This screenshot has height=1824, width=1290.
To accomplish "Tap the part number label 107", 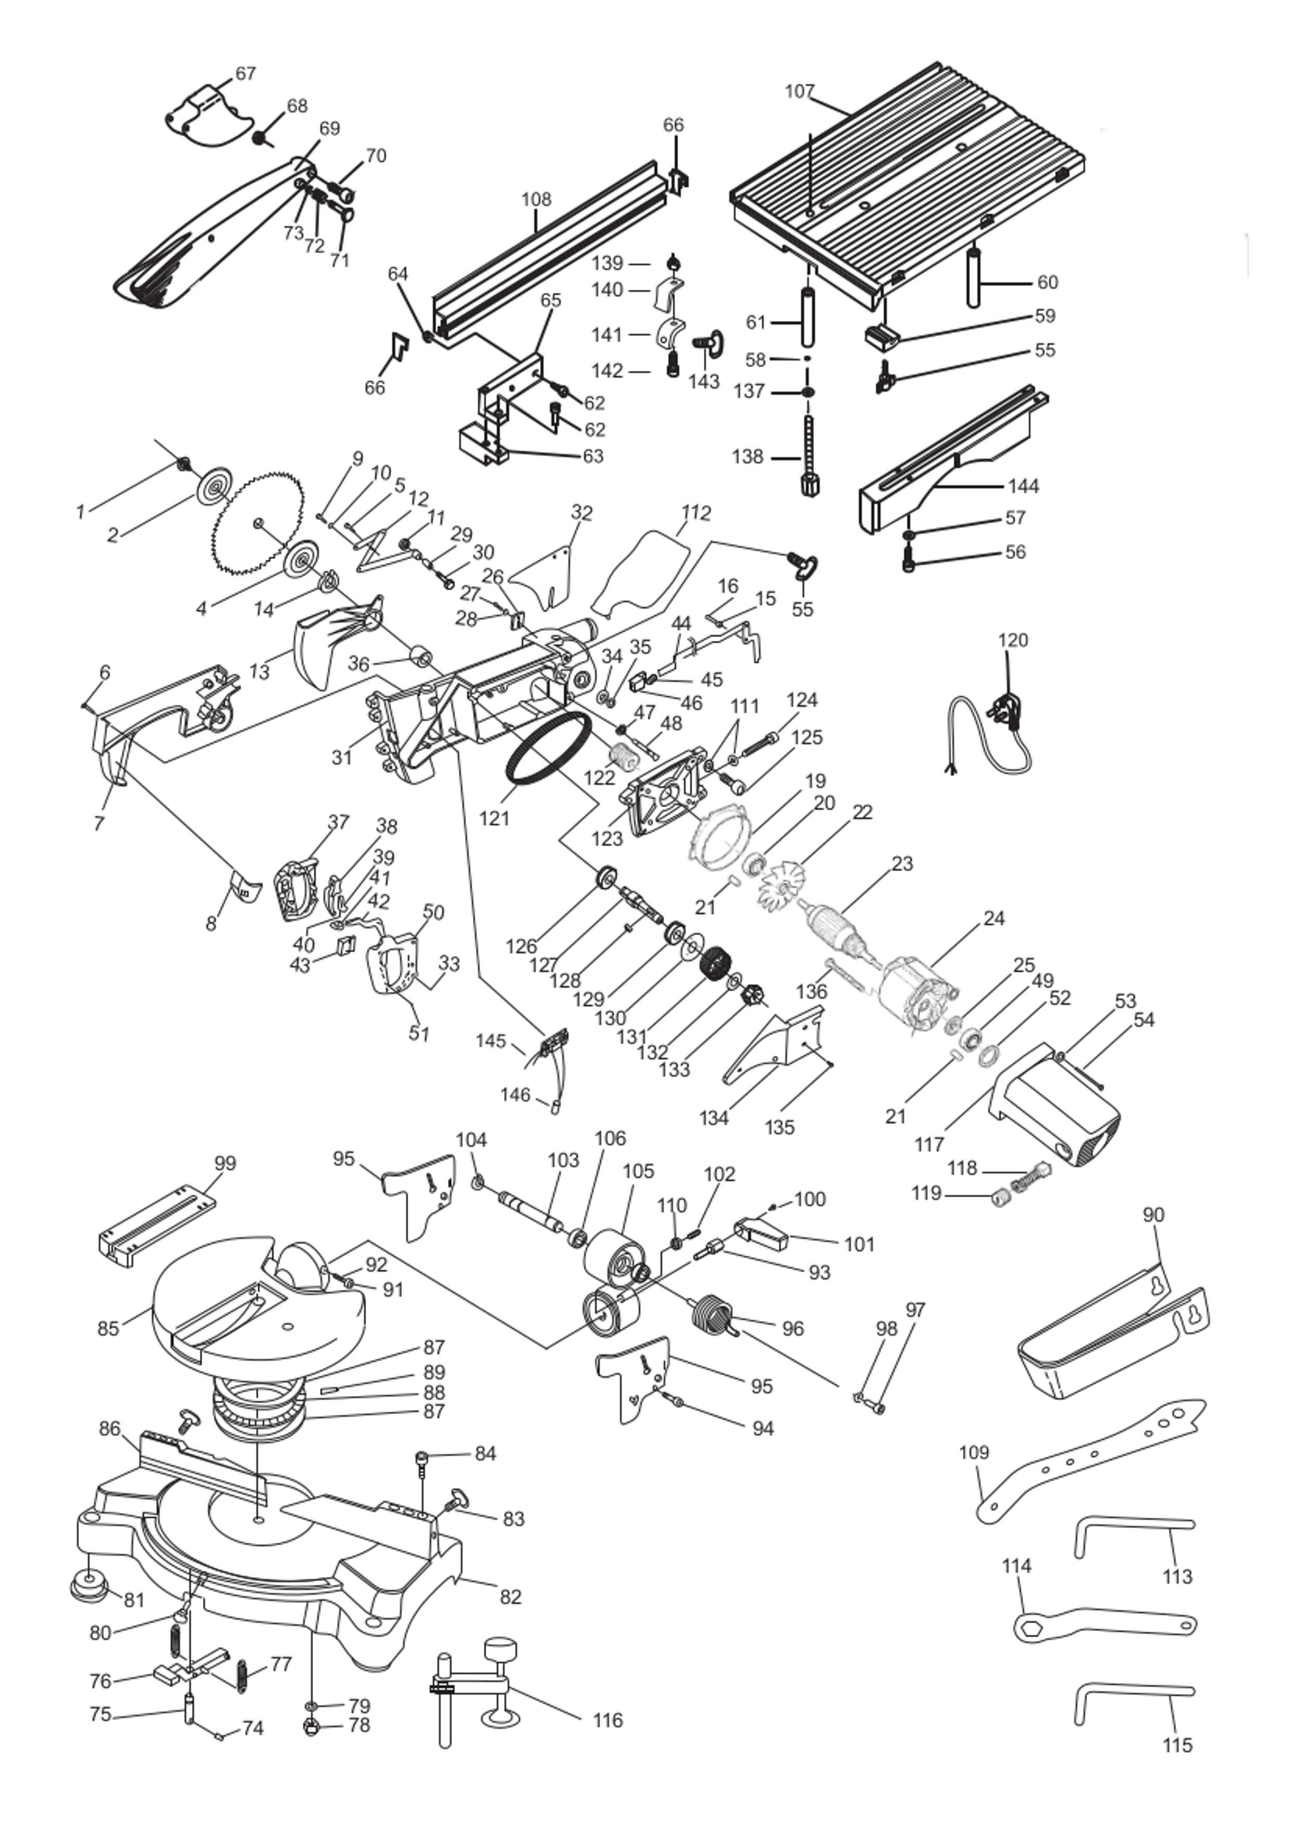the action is point(799,92).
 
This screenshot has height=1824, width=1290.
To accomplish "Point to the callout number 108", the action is point(536,199).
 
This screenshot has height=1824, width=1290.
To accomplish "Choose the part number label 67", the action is point(246,73).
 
